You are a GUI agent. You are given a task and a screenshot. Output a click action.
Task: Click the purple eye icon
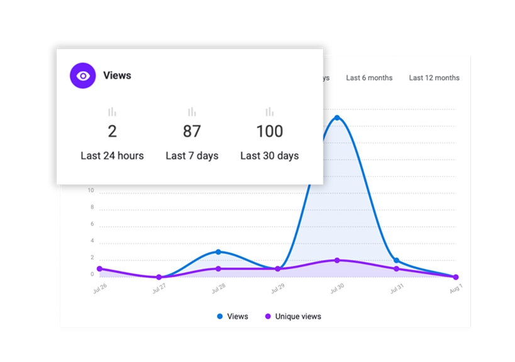(82, 75)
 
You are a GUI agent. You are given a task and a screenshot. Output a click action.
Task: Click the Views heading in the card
(117, 75)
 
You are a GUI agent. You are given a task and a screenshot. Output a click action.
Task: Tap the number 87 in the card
(192, 131)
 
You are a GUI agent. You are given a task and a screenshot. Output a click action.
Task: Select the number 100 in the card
(269, 131)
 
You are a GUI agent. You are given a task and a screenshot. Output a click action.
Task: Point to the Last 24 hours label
(112, 155)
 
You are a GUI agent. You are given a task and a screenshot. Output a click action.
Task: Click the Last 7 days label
(192, 155)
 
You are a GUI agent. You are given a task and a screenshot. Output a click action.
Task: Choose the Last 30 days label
(269, 155)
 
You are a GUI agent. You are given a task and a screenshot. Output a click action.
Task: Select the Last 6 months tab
(369, 78)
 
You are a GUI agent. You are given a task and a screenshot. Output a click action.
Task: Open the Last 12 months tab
(434, 78)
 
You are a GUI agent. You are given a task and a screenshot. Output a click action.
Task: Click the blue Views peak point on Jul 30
(337, 118)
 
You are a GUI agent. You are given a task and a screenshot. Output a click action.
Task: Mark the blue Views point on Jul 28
(218, 252)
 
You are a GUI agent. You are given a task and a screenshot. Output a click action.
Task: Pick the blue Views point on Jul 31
(396, 260)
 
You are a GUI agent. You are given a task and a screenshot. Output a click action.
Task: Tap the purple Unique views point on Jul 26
(99, 269)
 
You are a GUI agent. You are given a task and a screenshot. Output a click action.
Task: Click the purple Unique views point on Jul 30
(337, 260)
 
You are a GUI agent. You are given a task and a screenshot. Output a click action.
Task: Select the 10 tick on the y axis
(91, 190)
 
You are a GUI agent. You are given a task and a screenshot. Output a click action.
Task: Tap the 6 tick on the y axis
(92, 224)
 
